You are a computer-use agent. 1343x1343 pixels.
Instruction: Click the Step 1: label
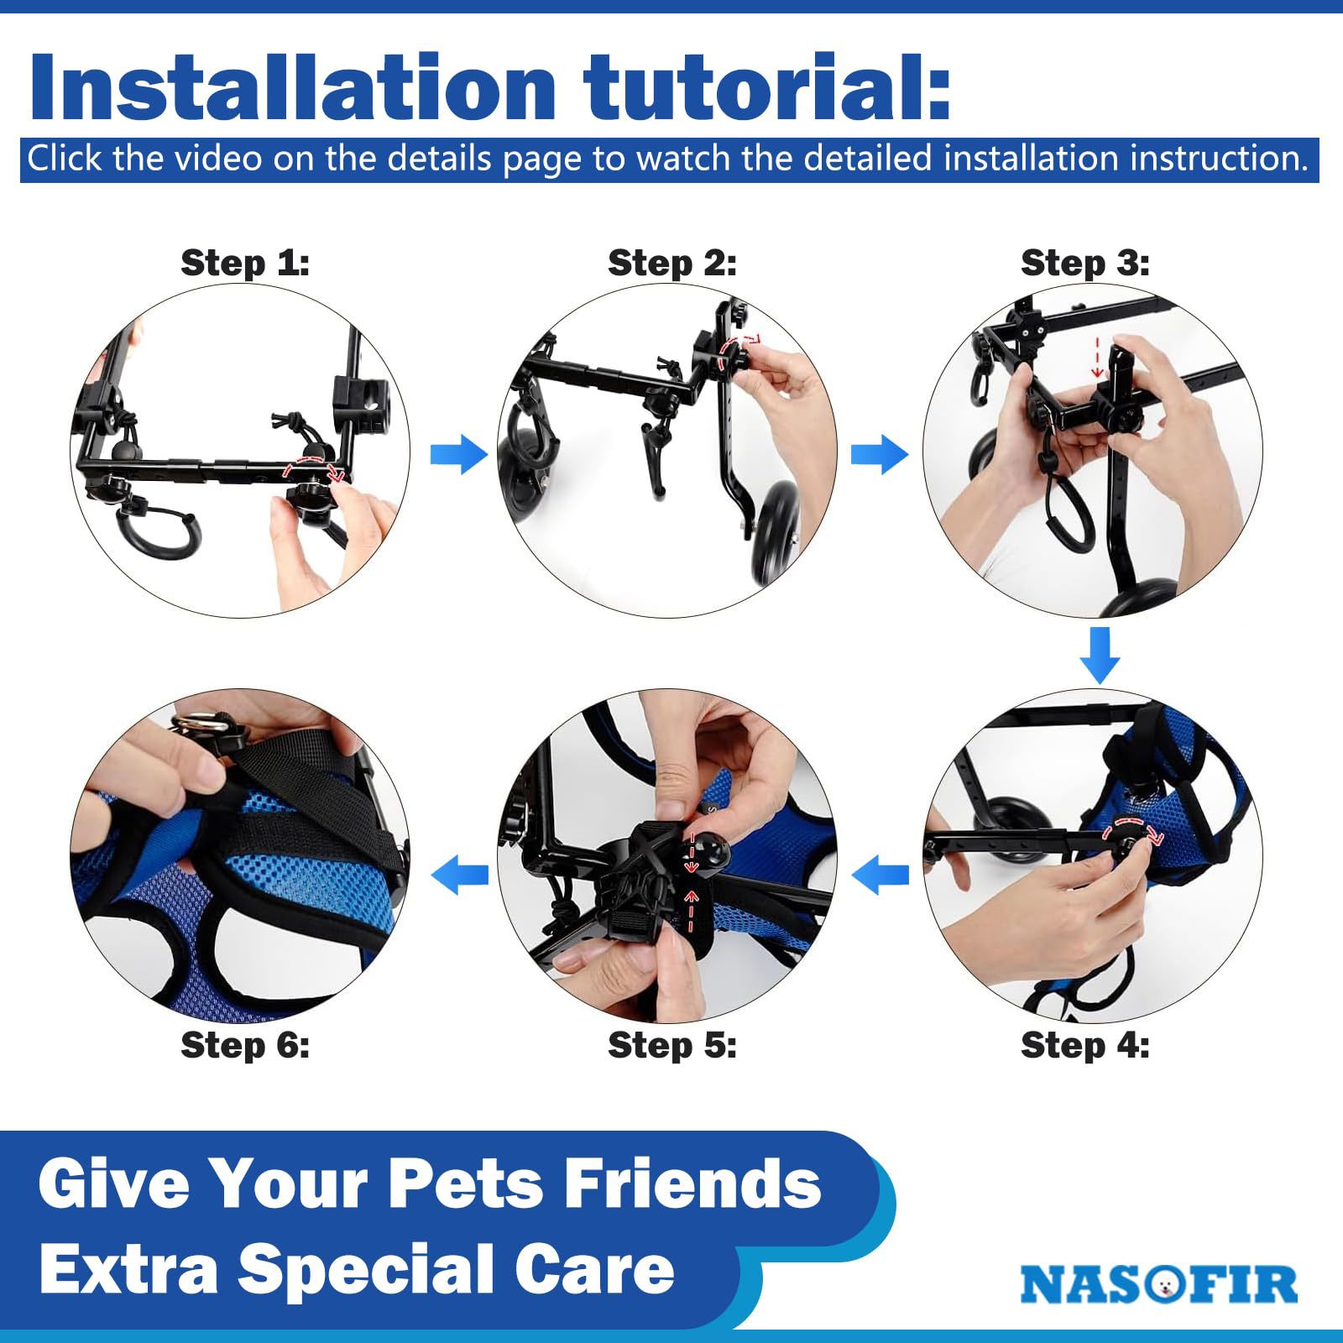[245, 264]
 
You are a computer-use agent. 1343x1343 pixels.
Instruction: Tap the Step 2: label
[671, 264]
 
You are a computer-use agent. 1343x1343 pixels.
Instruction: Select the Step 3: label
[1084, 264]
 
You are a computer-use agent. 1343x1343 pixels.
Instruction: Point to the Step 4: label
[1084, 1046]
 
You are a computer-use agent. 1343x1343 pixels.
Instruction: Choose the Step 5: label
[671, 1046]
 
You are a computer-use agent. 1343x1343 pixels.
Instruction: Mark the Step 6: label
[245, 1046]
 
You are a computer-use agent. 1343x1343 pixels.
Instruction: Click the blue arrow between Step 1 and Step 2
[458, 455]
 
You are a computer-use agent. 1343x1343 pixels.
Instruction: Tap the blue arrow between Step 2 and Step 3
[879, 455]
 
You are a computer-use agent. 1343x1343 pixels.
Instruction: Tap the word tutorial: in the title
[768, 88]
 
